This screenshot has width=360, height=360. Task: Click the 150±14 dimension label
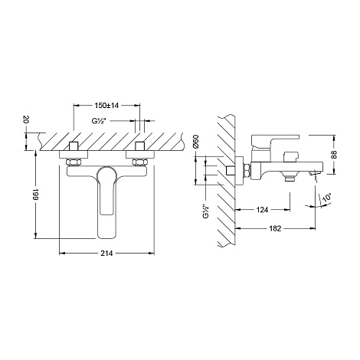[x=106, y=106]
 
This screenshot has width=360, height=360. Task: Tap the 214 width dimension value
[x=106, y=254]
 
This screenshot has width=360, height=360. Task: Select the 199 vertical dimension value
[x=35, y=195]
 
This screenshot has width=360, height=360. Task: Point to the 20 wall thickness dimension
[x=26, y=119]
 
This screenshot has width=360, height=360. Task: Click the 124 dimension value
[x=262, y=210]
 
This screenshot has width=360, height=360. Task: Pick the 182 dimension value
[x=275, y=228]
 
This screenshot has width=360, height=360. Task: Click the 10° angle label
[x=327, y=198]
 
